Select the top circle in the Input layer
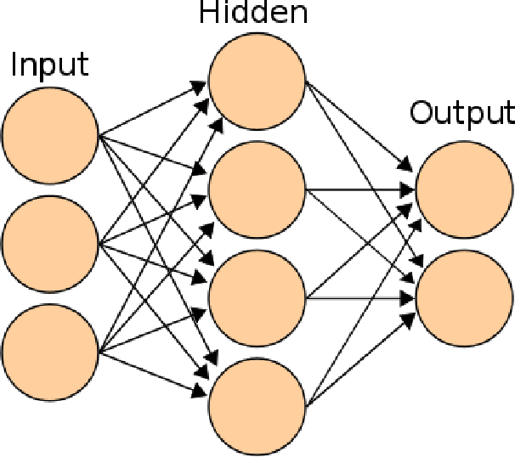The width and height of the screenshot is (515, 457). coord(51,135)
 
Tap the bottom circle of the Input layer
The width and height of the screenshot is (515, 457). coord(51,351)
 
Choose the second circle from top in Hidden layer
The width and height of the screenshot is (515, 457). coord(257,189)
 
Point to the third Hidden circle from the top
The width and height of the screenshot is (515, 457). coord(257,297)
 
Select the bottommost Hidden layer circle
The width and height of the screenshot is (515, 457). coord(257,405)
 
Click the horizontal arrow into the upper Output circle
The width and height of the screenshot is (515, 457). coord(357,189)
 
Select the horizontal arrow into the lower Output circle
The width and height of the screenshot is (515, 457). coord(357,297)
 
